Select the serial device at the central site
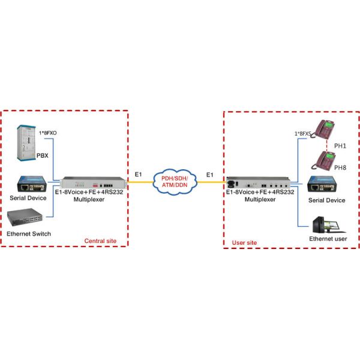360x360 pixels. point(28,184)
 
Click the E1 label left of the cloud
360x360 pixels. point(139,174)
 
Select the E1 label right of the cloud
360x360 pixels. point(210,174)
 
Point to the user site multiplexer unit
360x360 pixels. point(260,182)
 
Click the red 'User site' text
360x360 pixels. point(244,243)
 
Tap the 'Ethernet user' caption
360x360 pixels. point(328,239)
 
